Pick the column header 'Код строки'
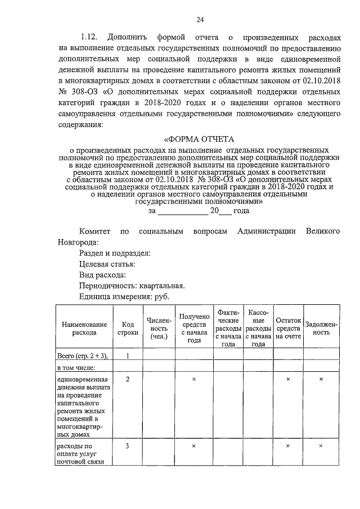(128, 328)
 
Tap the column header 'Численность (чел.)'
(159, 328)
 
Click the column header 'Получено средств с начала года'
(194, 328)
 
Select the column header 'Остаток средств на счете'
(288, 328)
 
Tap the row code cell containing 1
(128, 355)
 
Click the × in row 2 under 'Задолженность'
(321, 380)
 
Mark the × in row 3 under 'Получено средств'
(194, 446)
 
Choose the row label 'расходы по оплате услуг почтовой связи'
(79, 454)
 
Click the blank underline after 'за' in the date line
(182, 211)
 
